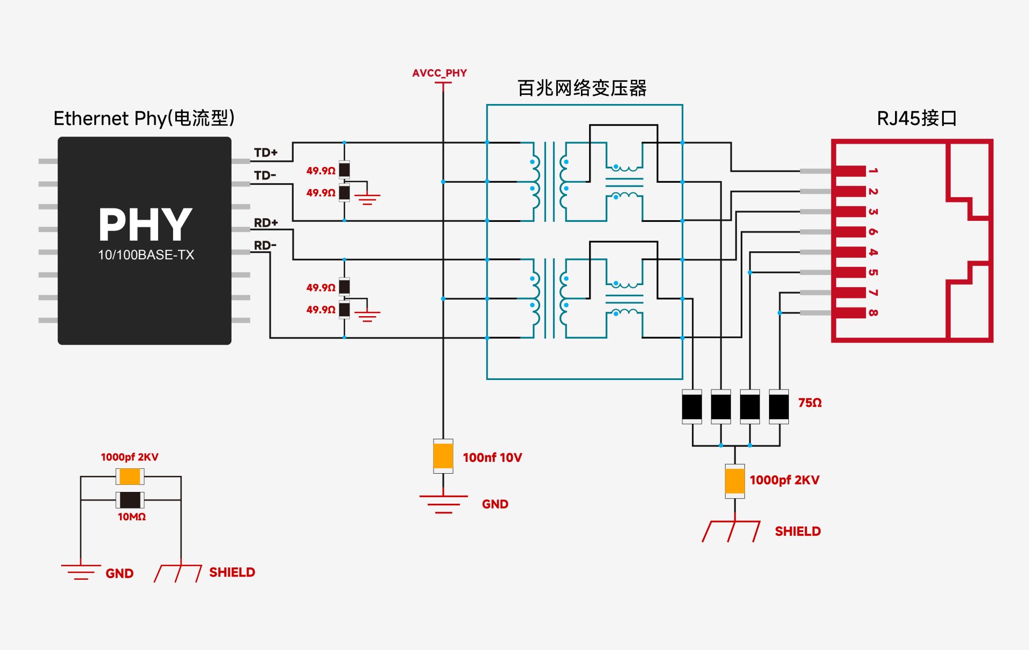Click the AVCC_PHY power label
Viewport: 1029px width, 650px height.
tap(439, 73)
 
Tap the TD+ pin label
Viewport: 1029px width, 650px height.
tap(266, 153)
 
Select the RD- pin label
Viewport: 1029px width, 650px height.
tap(265, 245)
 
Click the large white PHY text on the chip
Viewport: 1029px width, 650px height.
tap(145, 225)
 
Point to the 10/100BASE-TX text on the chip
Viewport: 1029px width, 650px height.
tap(146, 255)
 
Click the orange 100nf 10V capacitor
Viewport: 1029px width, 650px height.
tap(443, 456)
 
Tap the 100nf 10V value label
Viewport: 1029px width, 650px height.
tap(492, 458)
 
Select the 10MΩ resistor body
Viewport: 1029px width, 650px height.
tap(130, 500)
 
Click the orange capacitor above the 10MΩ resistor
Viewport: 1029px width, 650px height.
tap(130, 476)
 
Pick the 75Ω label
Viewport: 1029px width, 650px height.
tap(810, 402)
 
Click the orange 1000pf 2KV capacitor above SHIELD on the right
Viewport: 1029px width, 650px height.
tap(735, 481)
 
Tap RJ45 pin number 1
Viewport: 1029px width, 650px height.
tap(873, 170)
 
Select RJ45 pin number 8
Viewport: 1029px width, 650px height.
tap(873, 312)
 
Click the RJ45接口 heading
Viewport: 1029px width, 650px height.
tap(916, 118)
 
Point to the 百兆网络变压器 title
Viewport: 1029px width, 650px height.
tap(582, 88)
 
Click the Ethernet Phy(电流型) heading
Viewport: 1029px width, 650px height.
tap(144, 118)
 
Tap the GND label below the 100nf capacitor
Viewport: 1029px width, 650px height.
tap(495, 504)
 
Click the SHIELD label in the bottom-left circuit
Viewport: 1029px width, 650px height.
tap(232, 572)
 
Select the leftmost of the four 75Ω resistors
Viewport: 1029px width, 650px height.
tap(692, 407)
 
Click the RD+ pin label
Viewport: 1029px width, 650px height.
tap(266, 222)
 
